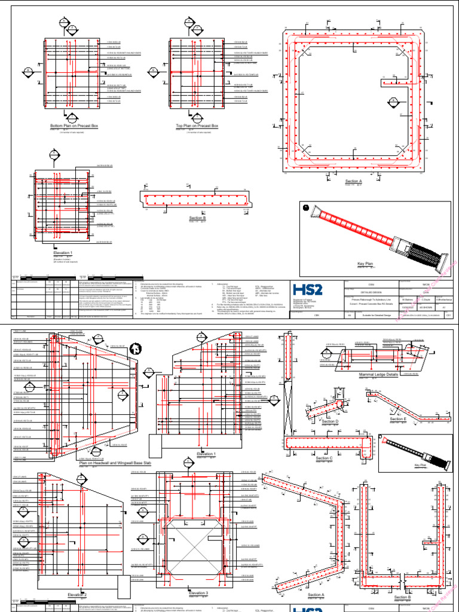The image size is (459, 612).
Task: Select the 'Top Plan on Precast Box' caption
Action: coord(197,126)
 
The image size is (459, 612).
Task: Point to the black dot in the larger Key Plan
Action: coord(306,207)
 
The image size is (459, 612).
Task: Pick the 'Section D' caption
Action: coord(329,422)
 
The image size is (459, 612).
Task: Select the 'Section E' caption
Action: coord(397,419)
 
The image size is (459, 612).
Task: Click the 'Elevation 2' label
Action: coord(77,595)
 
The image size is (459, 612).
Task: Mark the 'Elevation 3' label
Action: coord(198,593)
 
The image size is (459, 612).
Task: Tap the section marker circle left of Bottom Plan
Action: coord(28,74)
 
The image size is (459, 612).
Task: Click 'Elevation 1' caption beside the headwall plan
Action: coord(206,455)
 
